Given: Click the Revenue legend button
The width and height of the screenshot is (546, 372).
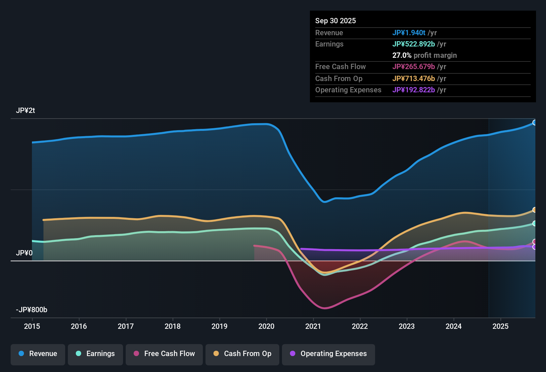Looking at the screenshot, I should [x=38, y=354].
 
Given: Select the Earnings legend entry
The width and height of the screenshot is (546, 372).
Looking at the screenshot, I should [x=95, y=354].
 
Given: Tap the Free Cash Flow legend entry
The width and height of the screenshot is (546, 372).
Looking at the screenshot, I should [x=164, y=354].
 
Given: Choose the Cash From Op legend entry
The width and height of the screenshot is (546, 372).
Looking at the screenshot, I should [x=242, y=354].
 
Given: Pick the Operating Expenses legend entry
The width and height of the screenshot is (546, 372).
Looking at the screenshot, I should [x=329, y=354].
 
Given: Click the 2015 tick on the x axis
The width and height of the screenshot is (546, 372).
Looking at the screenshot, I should [x=32, y=326].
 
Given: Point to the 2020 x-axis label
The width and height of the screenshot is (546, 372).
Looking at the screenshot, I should [x=266, y=326].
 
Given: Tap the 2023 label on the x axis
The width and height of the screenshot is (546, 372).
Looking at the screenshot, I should [x=407, y=326].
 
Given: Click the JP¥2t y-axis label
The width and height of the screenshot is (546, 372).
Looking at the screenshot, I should [x=25, y=111].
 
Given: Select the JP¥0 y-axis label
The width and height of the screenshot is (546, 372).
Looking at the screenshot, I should [x=24, y=253].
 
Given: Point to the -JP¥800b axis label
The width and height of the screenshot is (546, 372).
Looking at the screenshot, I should [x=32, y=310].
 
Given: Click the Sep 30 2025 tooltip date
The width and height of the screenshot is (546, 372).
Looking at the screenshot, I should [x=336, y=21].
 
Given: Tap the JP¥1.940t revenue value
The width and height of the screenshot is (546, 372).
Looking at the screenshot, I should [x=409, y=33].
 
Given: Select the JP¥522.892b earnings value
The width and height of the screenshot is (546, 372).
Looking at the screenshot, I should [x=413, y=44].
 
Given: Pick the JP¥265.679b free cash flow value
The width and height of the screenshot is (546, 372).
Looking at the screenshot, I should [x=413, y=67].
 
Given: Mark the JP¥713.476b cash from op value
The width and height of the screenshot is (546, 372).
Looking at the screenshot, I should [x=413, y=79].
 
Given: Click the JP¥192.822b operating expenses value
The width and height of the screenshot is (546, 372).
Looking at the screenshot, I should [x=413, y=90].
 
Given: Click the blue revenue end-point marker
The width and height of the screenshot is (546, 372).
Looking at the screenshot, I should [x=534, y=123].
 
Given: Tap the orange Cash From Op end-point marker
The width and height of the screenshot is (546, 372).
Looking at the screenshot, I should [x=534, y=210].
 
